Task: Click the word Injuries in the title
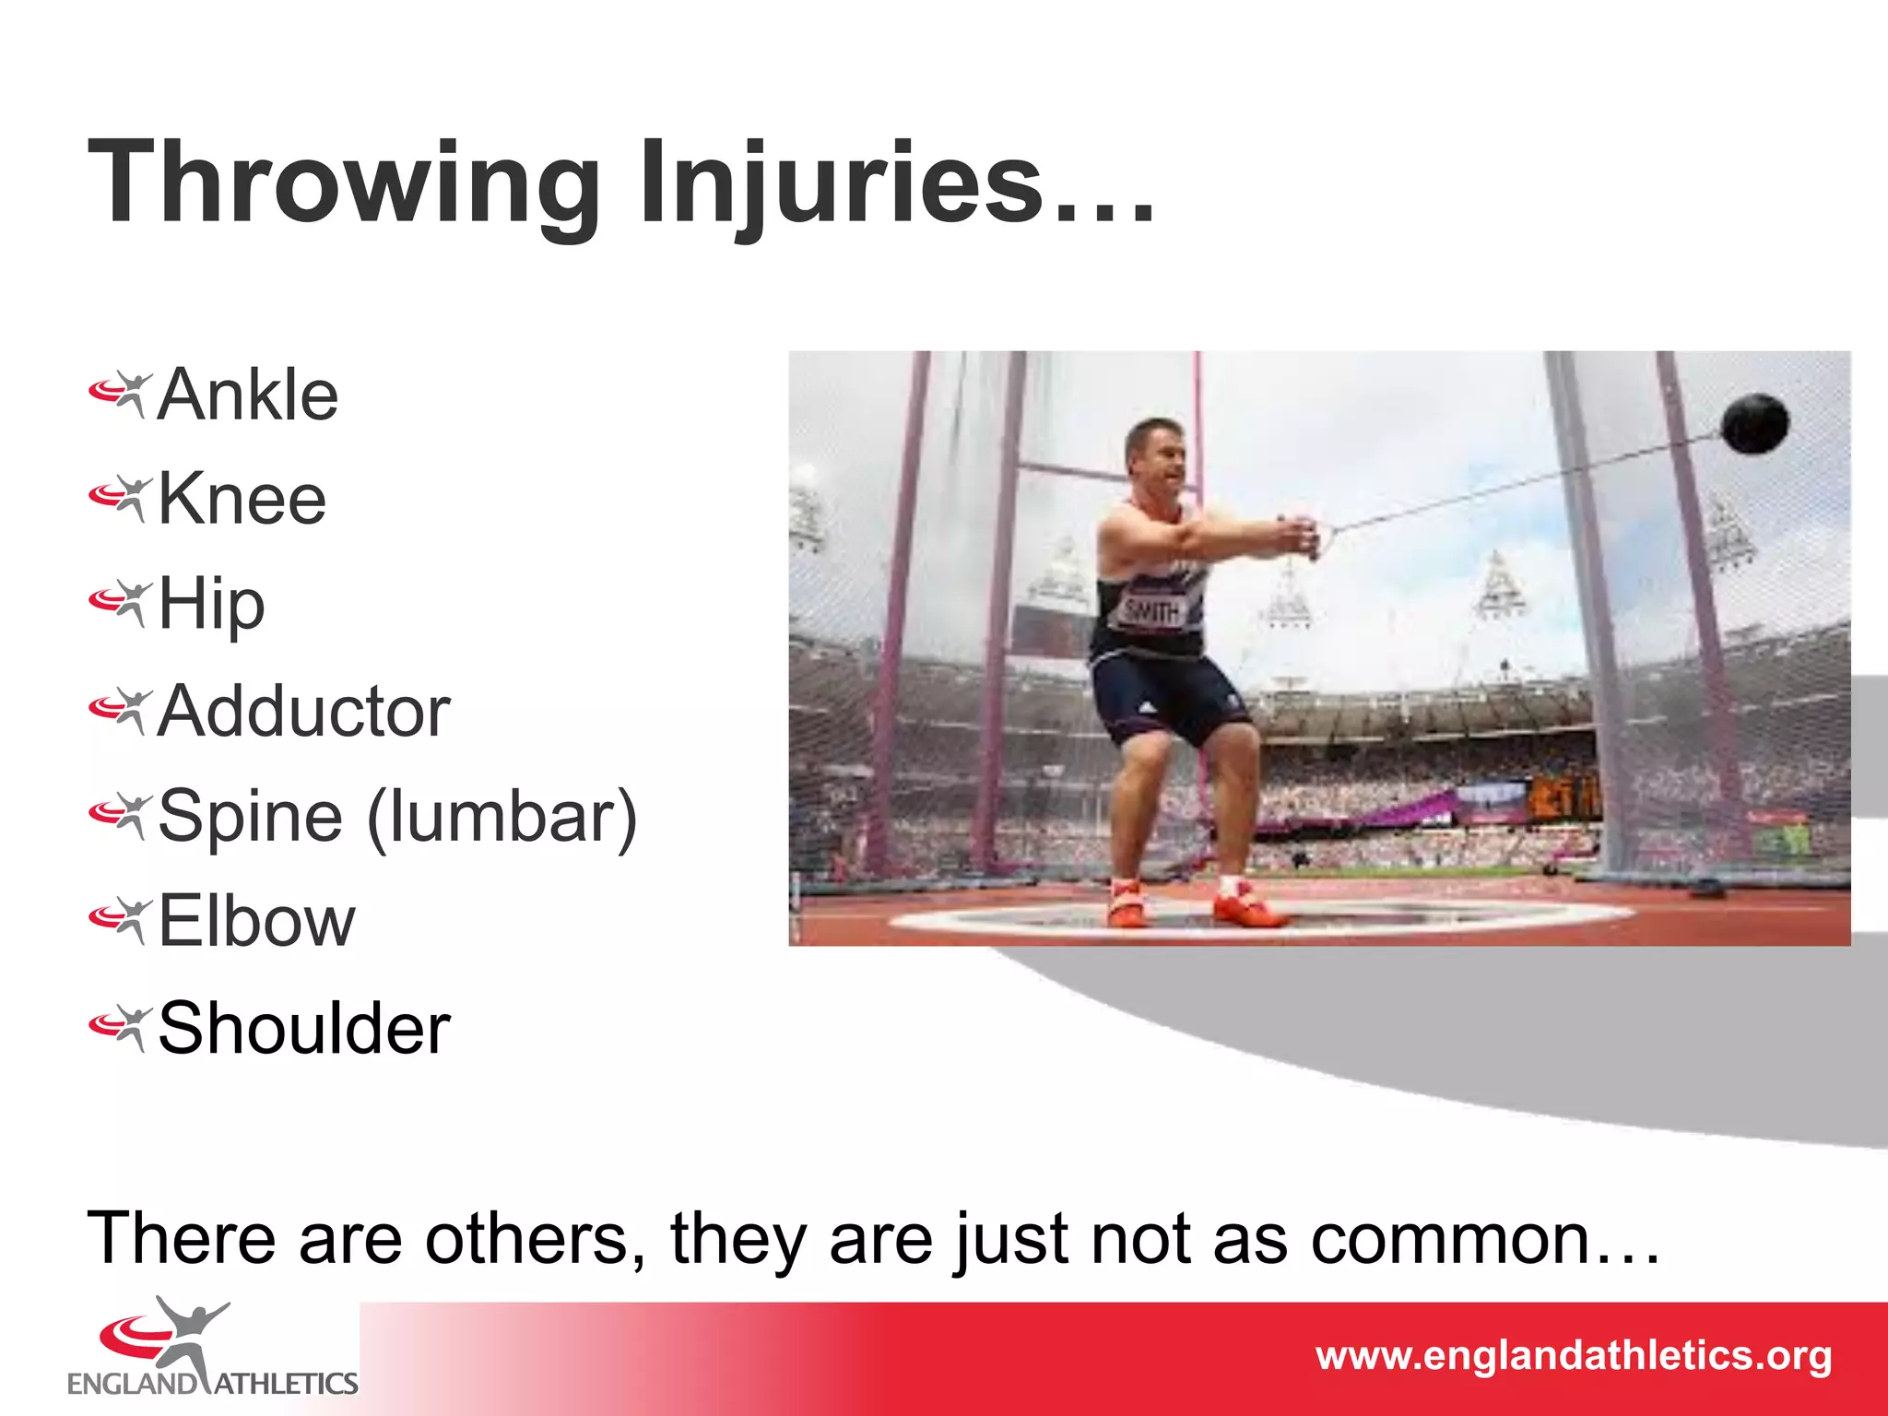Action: [841, 183]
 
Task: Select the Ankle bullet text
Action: [247, 395]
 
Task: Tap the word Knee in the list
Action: [242, 499]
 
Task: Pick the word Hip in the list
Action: [211, 605]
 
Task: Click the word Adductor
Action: [303, 712]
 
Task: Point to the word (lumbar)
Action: [502, 817]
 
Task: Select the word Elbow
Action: [256, 921]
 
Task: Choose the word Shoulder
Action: [304, 1028]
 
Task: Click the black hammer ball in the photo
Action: [1754, 424]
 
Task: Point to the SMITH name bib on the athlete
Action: [1152, 611]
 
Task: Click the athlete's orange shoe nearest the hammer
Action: [1242, 905]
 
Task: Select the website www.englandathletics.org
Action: [1573, 1356]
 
